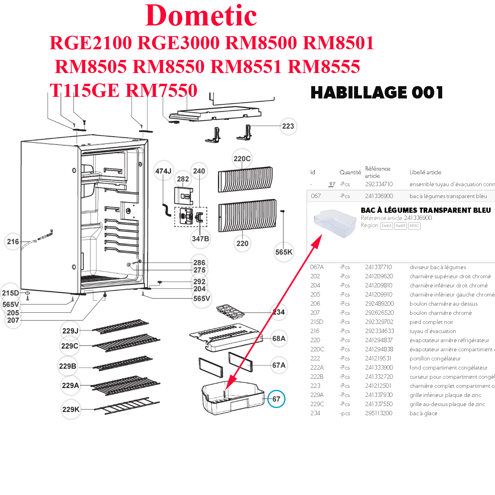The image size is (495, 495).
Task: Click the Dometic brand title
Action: [201, 16]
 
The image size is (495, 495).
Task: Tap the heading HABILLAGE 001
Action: [376, 92]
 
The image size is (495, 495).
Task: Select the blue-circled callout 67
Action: [276, 399]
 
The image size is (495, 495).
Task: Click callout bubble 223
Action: [288, 126]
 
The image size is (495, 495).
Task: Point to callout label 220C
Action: [242, 159]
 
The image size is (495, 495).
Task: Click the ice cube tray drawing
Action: [230, 312]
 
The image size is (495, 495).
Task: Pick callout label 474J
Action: [163, 171]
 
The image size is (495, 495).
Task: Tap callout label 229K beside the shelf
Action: [71, 409]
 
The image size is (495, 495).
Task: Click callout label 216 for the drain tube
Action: [13, 241]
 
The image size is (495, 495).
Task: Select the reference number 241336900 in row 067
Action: [379, 196]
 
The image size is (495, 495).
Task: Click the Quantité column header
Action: [350, 172]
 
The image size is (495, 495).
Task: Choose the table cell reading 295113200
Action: [378, 413]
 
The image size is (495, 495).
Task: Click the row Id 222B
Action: [316, 377]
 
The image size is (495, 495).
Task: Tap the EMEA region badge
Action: [386, 226]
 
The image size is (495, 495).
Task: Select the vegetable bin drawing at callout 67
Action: [232, 397]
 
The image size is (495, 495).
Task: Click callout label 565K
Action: [283, 252]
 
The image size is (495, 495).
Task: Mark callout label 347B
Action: [200, 239]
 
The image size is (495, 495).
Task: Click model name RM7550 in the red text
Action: [162, 91]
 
